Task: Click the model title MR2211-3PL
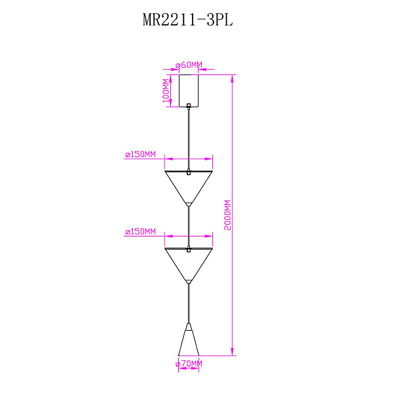point(188,20)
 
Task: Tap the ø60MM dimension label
point(189,65)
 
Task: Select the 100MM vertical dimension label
point(166,90)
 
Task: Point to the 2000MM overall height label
point(227,215)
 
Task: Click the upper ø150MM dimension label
point(140,154)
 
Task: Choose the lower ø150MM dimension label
point(140,231)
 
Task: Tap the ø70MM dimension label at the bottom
point(189,364)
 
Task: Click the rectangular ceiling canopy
point(189,91)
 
